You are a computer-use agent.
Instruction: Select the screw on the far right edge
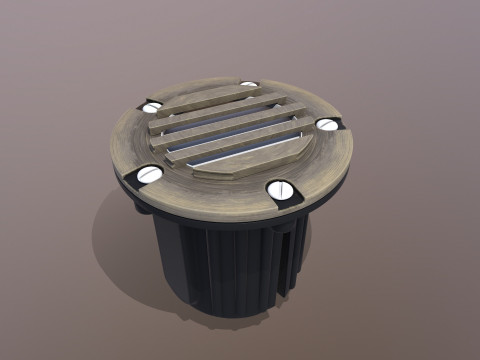(328, 124)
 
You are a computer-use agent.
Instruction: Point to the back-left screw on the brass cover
(152, 106)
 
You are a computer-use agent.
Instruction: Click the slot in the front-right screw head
(281, 189)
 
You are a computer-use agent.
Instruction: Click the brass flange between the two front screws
(215, 195)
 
